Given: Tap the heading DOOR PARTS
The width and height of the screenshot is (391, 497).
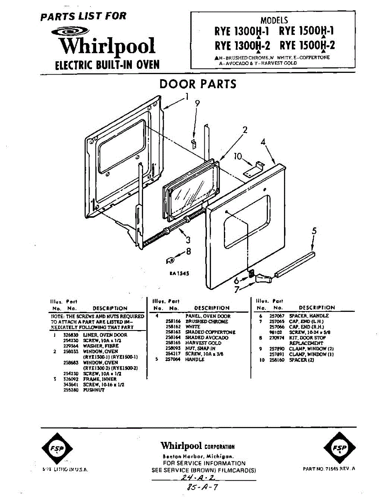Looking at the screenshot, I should click(x=198, y=84).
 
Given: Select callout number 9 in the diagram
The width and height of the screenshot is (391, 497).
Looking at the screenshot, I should click(x=197, y=104).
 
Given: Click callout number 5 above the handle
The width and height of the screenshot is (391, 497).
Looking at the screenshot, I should click(x=314, y=232).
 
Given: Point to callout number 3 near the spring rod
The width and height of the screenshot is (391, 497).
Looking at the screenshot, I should click(x=188, y=239).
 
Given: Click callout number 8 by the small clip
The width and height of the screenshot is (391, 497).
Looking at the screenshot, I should click(x=188, y=251).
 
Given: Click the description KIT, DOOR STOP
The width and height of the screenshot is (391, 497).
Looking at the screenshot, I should click(x=307, y=338).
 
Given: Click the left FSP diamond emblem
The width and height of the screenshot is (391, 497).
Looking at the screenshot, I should click(x=57, y=449).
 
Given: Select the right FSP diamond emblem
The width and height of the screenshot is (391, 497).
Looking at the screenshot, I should click(x=339, y=449).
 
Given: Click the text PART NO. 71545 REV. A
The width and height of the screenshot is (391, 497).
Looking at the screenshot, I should click(x=330, y=468).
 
